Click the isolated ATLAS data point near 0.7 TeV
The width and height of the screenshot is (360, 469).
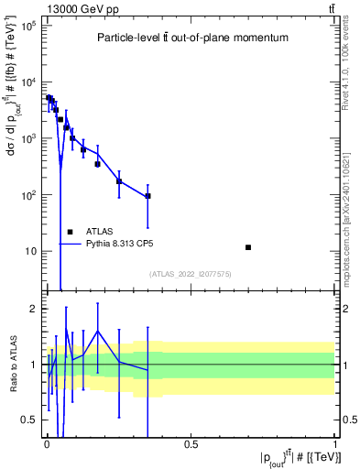(248, 247)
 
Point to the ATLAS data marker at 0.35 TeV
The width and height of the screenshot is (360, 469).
(147, 196)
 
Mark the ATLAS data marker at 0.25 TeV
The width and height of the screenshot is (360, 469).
(119, 181)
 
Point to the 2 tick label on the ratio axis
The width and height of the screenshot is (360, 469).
(33, 309)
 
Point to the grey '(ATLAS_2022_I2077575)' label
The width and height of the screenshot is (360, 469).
(190, 273)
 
